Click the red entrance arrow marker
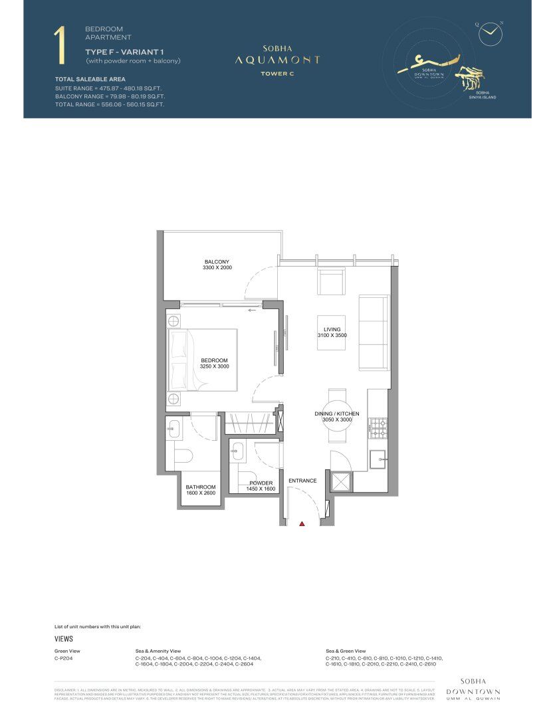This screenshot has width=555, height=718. coord(302,524)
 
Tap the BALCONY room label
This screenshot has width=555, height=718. coord(217,261)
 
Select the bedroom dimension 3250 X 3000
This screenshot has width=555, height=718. coord(214,366)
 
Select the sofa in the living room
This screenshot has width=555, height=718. coord(373,333)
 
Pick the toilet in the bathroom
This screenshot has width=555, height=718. coord(182,456)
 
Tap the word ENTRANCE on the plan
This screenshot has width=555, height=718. coord(302,480)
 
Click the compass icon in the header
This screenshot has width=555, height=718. coord(490,30)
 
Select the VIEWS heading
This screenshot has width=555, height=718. coord(63,638)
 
